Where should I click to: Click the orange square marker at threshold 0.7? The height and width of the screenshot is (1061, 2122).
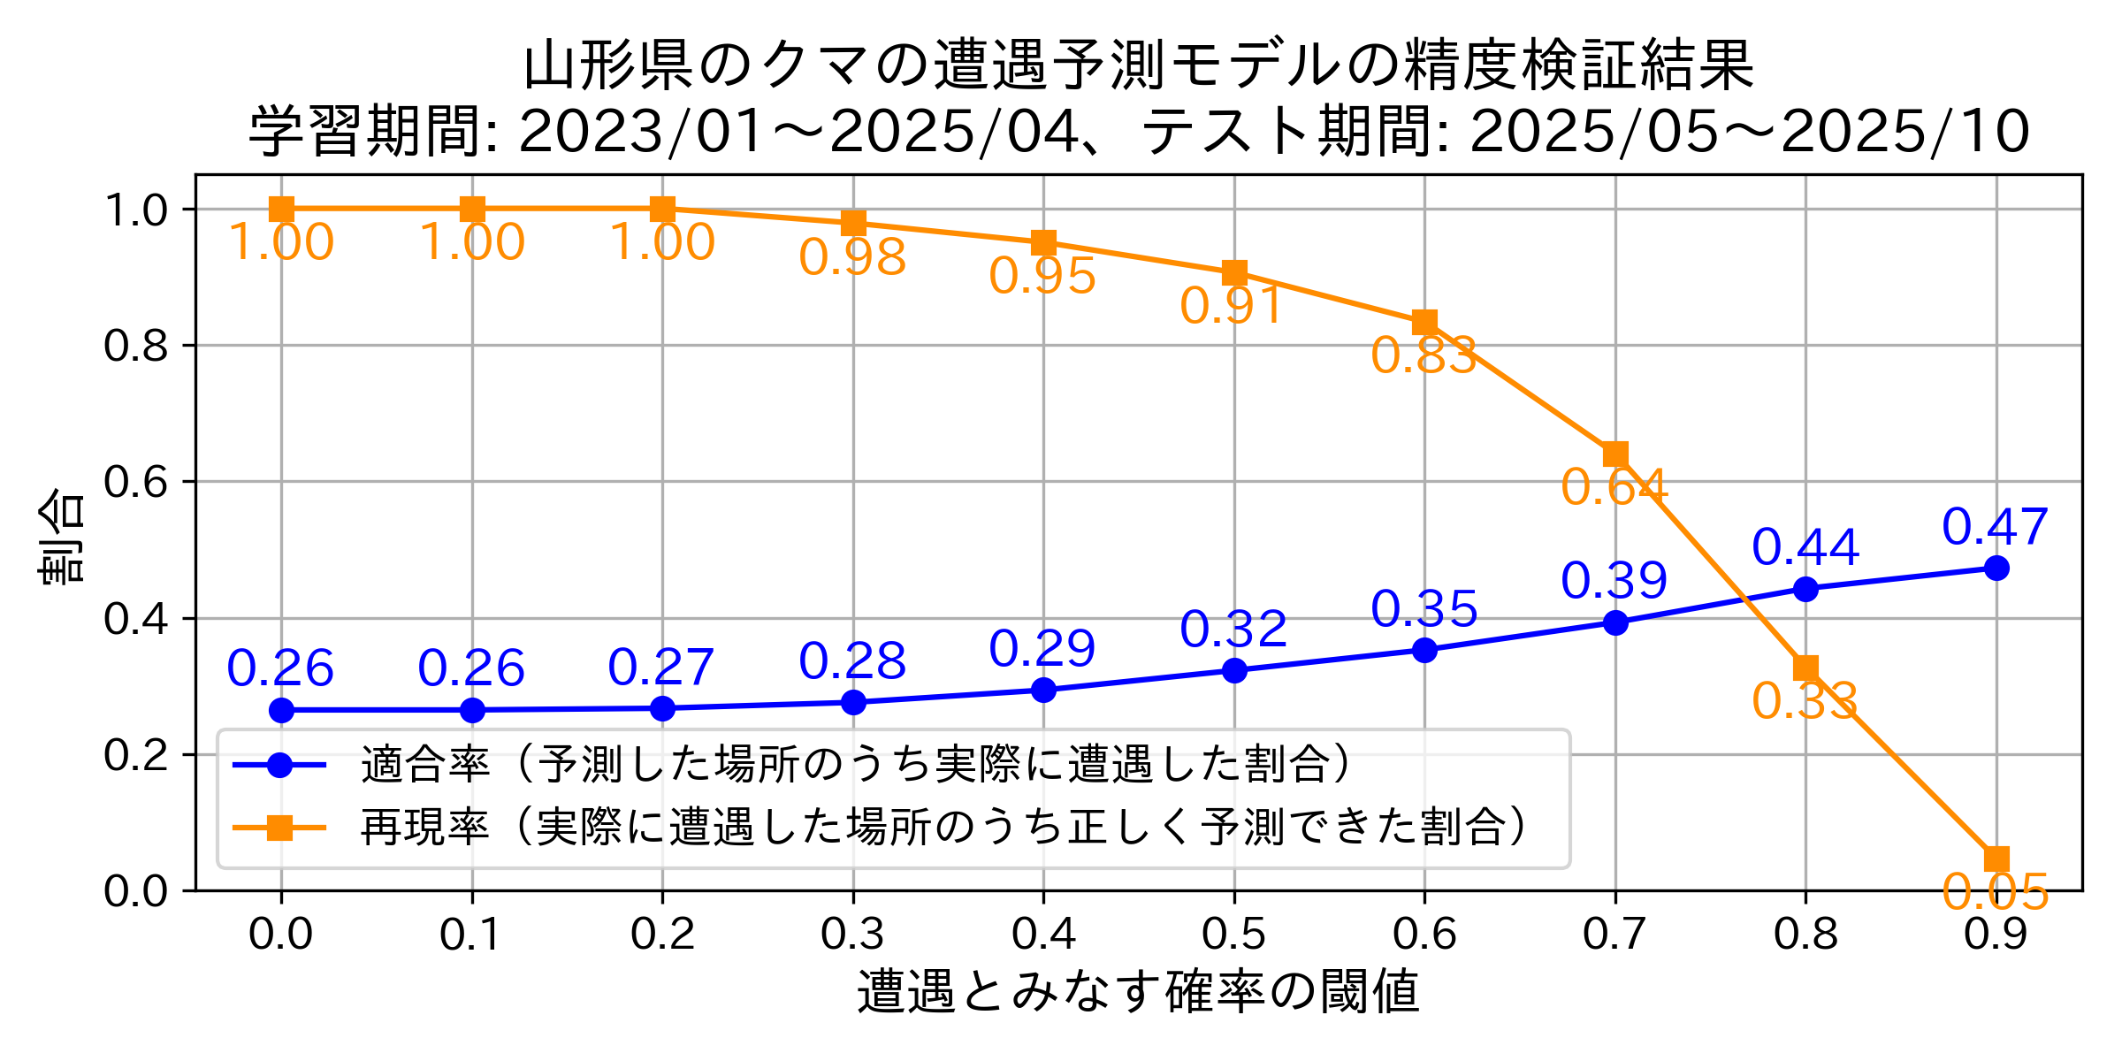[1615, 454]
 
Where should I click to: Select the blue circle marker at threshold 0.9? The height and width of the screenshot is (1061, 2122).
[1996, 568]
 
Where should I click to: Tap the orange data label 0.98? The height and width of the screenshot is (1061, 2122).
[852, 258]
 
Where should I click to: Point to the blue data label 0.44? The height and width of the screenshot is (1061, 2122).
[1805, 547]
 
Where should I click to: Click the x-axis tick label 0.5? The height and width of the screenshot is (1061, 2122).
[1234, 935]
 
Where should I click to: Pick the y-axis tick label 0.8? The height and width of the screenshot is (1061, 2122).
[135, 346]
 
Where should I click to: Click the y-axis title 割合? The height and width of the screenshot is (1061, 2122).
[62, 535]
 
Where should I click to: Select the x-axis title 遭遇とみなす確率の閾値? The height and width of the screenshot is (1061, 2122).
[1139, 991]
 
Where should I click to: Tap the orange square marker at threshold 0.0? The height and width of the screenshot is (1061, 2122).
[281, 210]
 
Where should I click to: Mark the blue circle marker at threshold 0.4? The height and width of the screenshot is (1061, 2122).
[1043, 690]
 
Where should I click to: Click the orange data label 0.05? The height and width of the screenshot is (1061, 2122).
[1996, 892]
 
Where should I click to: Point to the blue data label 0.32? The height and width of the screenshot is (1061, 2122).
[1233, 630]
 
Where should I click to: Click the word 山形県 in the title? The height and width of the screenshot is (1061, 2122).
[608, 65]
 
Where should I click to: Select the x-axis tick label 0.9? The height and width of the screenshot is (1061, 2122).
[1996, 935]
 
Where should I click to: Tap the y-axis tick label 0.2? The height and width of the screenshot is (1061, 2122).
[135, 755]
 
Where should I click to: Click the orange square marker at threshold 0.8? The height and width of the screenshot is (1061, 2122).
[1805, 668]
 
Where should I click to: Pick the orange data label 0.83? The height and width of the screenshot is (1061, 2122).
[1424, 356]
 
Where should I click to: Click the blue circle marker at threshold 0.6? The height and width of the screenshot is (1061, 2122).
[1424, 651]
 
